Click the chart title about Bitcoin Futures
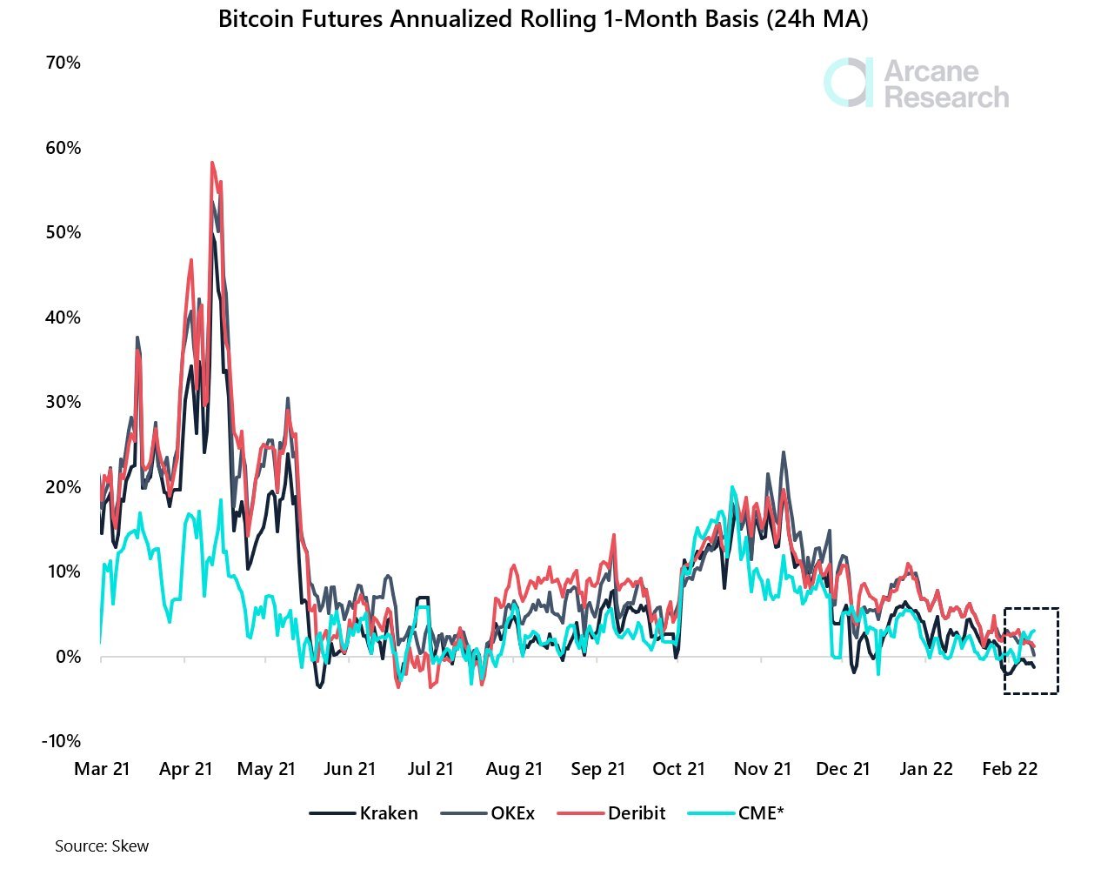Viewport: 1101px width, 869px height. click(543, 19)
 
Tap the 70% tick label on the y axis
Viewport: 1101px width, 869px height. click(63, 63)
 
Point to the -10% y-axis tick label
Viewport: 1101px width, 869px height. click(60, 741)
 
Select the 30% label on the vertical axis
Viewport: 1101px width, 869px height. click(63, 402)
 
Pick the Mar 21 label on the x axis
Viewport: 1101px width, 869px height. click(102, 769)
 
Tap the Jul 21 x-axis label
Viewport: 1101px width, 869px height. click(430, 769)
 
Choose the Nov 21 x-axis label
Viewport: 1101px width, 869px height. click(763, 769)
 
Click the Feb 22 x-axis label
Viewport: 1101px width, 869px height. click(1010, 769)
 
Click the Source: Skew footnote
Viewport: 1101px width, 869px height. click(102, 846)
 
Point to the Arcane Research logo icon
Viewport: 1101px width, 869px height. click(848, 84)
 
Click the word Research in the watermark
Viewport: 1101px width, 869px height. click(946, 97)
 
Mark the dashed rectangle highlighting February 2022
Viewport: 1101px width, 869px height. click(1031, 651)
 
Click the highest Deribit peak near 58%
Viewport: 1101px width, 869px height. click(211, 163)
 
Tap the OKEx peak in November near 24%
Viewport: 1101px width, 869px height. click(784, 452)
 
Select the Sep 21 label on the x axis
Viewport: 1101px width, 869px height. click(598, 769)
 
